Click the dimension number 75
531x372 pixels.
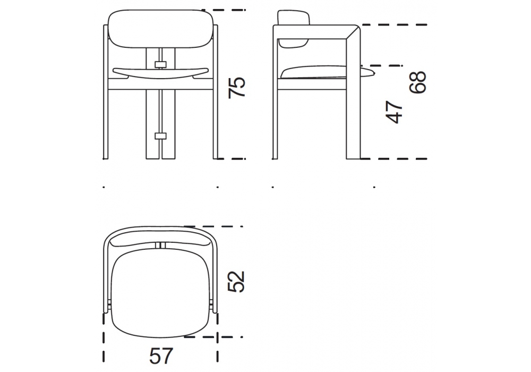[x=236, y=88]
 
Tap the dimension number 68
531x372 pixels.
[x=417, y=82]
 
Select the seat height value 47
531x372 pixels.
[x=394, y=112]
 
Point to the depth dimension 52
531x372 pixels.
[x=236, y=282]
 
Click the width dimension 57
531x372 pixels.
[x=161, y=356]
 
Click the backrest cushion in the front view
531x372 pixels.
[x=160, y=29]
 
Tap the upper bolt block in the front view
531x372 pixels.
[x=160, y=64]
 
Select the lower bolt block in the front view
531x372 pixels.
[x=160, y=136]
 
